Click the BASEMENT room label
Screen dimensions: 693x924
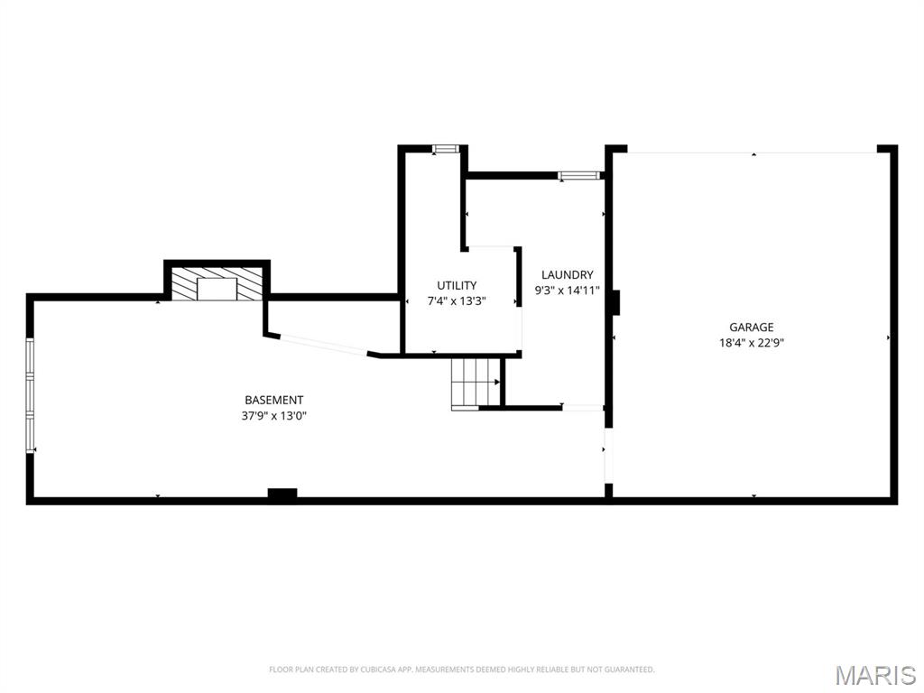[273, 400]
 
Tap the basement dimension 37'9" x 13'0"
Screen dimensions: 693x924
[273, 416]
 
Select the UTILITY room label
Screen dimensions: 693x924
[457, 285]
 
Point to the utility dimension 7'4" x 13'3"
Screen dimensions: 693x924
[457, 301]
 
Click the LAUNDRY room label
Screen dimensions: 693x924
[567, 274]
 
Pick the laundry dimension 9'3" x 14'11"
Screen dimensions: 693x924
[567, 291]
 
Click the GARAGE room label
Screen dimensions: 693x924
[752, 327]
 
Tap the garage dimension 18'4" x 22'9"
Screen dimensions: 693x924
[752, 343]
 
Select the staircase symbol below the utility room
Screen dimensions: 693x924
[475, 383]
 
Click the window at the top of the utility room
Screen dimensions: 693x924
[445, 149]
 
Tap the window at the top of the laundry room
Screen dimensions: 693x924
[578, 175]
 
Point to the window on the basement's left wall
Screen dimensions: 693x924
[31, 395]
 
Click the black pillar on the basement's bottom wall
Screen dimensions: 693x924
[282, 494]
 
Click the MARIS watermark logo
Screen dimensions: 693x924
[874, 675]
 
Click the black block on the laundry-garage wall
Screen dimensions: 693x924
[614, 302]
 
